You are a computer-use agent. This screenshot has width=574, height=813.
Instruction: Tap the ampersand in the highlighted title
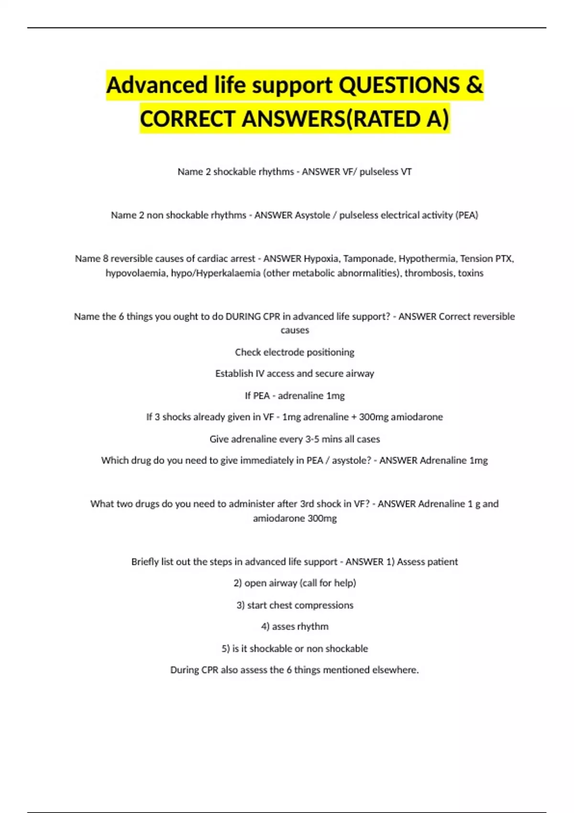pyautogui.click(x=474, y=86)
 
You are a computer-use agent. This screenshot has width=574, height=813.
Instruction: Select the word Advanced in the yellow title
pyautogui.click(x=157, y=86)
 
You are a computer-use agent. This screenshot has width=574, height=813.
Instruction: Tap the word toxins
pyautogui.click(x=471, y=273)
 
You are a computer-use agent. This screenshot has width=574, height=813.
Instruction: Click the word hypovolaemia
pyautogui.click(x=136, y=273)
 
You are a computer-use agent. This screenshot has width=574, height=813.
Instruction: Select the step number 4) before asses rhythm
pyautogui.click(x=265, y=626)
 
